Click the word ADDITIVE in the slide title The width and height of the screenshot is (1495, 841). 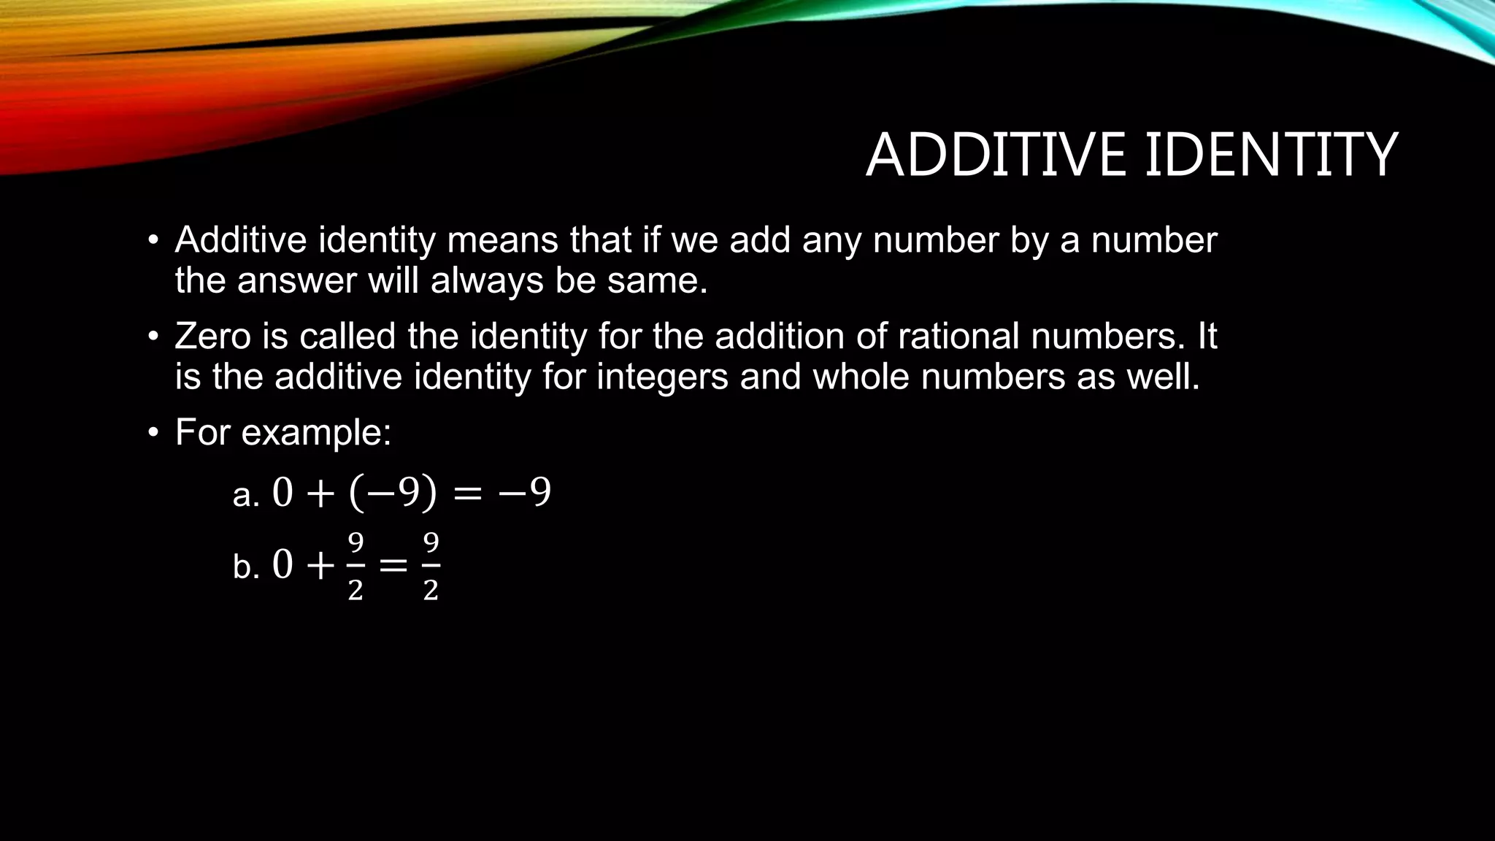click(x=996, y=155)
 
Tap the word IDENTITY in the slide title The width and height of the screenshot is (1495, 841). click(x=1271, y=155)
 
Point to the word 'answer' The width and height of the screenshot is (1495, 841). click(x=297, y=281)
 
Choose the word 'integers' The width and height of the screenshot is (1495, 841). click(x=662, y=377)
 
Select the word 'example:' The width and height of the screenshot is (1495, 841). click(x=316, y=433)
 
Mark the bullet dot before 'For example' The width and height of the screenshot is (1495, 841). click(x=153, y=433)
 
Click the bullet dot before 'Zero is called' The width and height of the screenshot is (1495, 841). click(x=153, y=337)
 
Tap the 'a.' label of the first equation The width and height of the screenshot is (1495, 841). click(x=246, y=496)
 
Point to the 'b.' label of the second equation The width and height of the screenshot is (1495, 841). click(x=246, y=567)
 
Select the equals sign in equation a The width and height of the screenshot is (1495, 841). click(x=467, y=494)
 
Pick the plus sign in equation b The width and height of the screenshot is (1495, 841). click(x=320, y=566)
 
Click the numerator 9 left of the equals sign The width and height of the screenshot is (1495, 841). click(x=356, y=543)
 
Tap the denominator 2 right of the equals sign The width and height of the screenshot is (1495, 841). click(x=431, y=590)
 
